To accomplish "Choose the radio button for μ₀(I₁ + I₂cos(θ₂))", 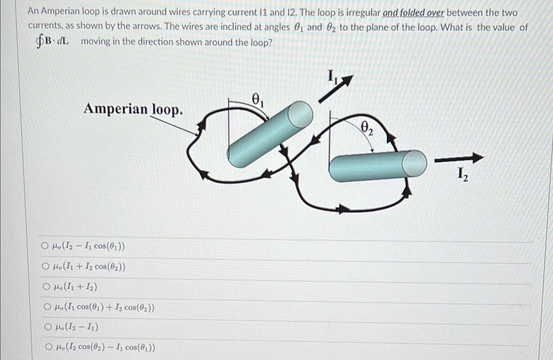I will pos(45,266).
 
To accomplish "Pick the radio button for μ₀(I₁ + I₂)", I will pos(46,287).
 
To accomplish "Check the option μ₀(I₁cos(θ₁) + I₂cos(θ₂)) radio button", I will pos(47,307).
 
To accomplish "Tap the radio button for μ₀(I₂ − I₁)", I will pos(48,327).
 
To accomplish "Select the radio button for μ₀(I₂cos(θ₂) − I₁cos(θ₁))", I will pos(49,347).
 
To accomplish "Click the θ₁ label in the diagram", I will pos(257,99).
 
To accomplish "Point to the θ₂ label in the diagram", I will pos(367,128).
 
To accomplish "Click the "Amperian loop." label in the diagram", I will pos(133,109).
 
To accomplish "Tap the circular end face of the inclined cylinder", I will pos(300,114).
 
